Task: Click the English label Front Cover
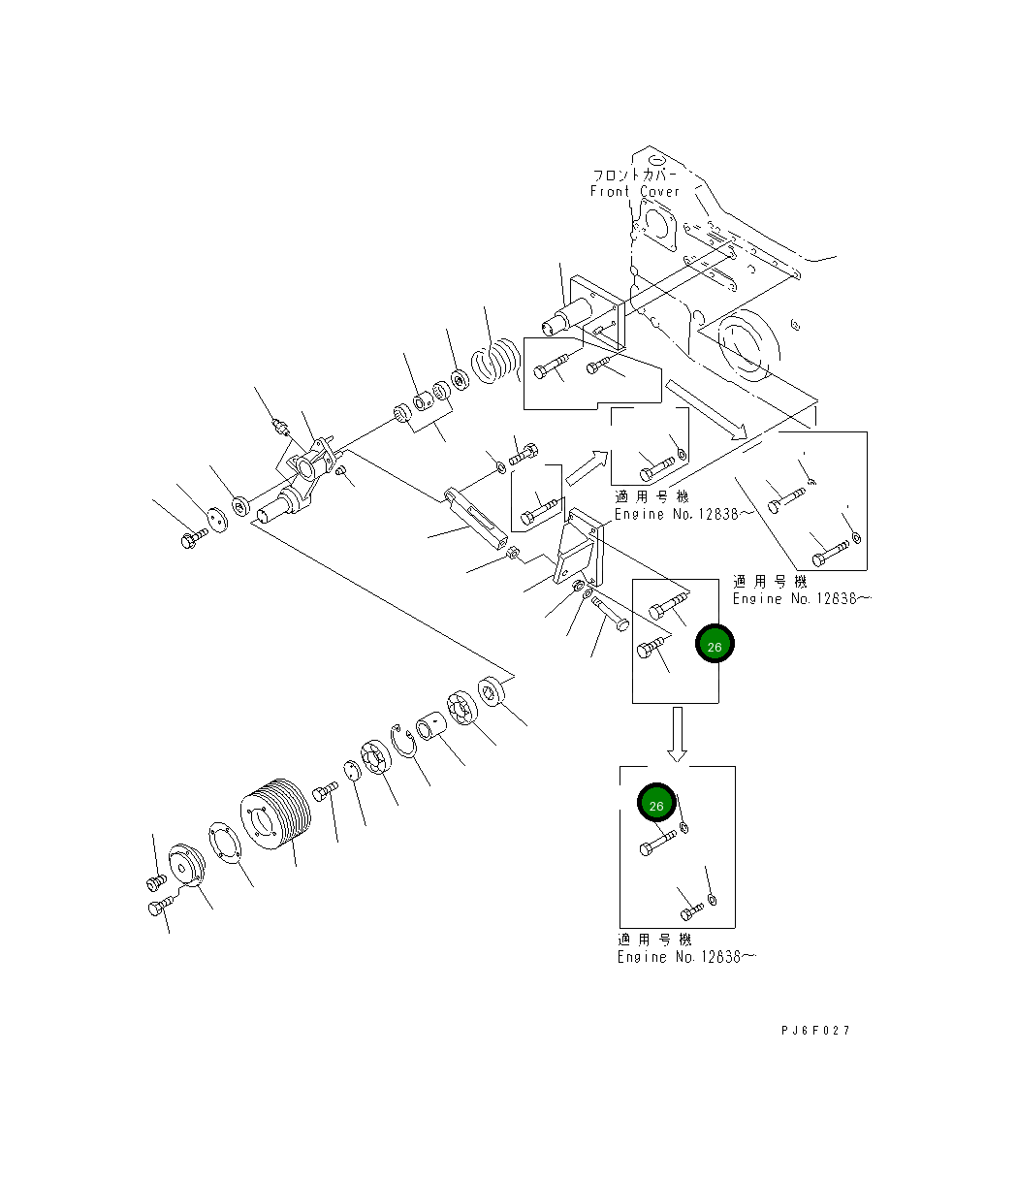coord(635,192)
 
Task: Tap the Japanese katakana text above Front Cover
coord(635,175)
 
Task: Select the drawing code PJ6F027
coord(814,1031)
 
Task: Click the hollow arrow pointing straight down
coord(678,733)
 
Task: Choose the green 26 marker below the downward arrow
coord(655,805)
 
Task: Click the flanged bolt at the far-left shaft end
coord(191,536)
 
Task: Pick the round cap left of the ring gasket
coord(184,865)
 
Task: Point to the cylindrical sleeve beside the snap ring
coord(430,724)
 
